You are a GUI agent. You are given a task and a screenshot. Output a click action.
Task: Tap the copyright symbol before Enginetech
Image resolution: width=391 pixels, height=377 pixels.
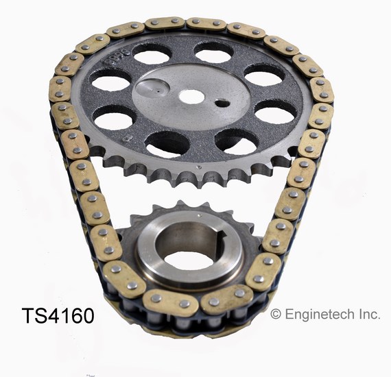pyautogui.click(x=276, y=315)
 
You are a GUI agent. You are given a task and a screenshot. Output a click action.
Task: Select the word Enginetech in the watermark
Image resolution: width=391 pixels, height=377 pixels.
pyautogui.click(x=317, y=315)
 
